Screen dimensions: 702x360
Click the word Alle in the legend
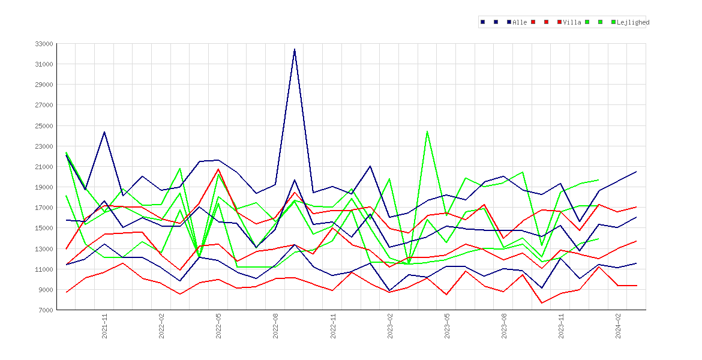click(520, 22)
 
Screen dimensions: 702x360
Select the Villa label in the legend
click(572, 22)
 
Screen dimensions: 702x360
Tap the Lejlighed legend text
click(633, 22)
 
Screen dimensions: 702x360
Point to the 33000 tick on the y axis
click(44, 44)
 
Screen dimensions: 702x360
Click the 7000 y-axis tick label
click(46, 310)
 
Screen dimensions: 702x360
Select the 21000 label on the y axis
click(44, 167)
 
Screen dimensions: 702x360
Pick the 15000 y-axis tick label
click(44, 228)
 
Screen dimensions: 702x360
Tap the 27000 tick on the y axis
click(44, 105)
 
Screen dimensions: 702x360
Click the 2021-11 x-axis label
click(105, 326)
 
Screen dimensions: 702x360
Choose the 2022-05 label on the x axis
click(219, 326)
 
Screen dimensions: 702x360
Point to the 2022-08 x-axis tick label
click(276, 326)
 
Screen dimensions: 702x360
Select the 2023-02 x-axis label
click(390, 326)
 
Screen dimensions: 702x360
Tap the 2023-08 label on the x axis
click(504, 326)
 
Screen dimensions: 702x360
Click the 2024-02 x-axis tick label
click(618, 326)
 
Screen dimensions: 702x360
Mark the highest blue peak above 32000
click(295, 49)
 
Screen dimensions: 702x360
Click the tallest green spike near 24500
click(427, 131)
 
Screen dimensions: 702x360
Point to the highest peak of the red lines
click(218, 169)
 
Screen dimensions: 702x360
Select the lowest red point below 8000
click(542, 303)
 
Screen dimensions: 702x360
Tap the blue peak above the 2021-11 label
click(104, 132)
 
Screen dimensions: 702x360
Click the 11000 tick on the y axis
click(44, 269)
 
